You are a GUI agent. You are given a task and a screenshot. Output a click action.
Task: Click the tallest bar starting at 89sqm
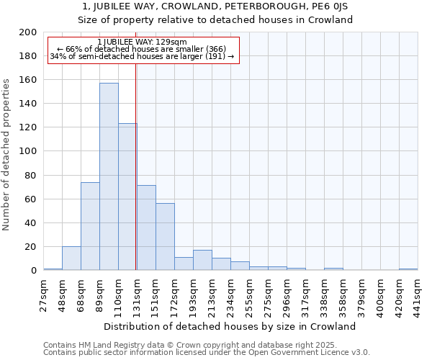click(x=109, y=176)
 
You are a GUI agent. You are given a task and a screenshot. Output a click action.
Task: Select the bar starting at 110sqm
click(x=127, y=197)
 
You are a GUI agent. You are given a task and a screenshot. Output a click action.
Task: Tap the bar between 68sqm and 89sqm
click(x=90, y=226)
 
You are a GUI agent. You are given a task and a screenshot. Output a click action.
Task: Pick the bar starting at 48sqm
click(x=71, y=258)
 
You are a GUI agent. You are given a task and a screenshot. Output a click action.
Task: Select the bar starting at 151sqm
click(x=165, y=237)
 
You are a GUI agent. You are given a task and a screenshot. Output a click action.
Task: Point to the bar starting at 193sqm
click(x=202, y=260)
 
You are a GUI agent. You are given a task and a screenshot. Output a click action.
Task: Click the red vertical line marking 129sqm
click(x=136, y=166)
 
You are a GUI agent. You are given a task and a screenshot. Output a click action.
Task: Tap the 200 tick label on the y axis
click(x=28, y=32)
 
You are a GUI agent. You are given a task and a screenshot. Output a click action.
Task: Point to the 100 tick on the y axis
click(x=28, y=151)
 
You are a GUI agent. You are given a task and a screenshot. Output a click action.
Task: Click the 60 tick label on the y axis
click(x=31, y=199)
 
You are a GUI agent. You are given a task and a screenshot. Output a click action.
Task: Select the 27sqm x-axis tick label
click(x=44, y=294)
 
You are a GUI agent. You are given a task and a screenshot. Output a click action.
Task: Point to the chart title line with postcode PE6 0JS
click(x=215, y=6)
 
